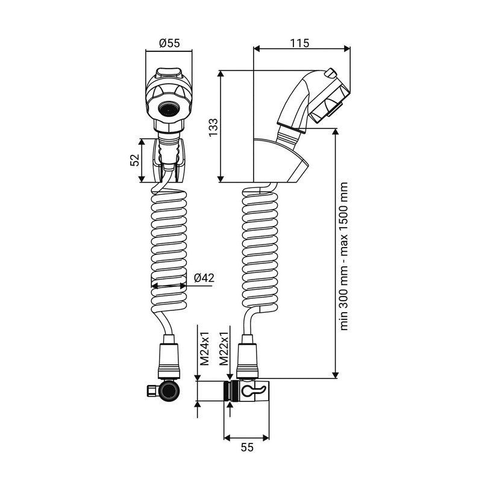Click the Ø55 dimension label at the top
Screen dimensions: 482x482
pos(169,43)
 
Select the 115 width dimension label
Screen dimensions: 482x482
pos(299,43)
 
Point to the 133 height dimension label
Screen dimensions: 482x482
pos(213,127)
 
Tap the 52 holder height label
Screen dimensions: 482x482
pos(134,160)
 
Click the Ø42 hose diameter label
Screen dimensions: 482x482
pos(204,278)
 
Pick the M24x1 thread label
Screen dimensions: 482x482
pos(204,348)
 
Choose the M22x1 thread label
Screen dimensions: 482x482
pos(224,348)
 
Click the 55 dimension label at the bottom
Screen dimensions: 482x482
pos(247,447)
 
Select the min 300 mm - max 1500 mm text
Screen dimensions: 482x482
pos(344,257)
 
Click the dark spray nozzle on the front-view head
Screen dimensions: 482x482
pos(168,110)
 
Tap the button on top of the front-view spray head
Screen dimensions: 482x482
pos(169,73)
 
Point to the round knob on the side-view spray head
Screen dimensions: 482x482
pos(330,73)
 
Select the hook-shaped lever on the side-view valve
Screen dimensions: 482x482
pos(252,390)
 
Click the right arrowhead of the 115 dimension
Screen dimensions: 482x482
pos(347,49)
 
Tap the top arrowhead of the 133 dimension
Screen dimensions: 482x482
pos(221,74)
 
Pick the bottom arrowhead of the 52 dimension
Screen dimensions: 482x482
pos(142,178)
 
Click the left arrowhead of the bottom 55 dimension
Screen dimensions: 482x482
pos(228,438)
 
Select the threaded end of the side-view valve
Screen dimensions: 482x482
pos(227,390)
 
